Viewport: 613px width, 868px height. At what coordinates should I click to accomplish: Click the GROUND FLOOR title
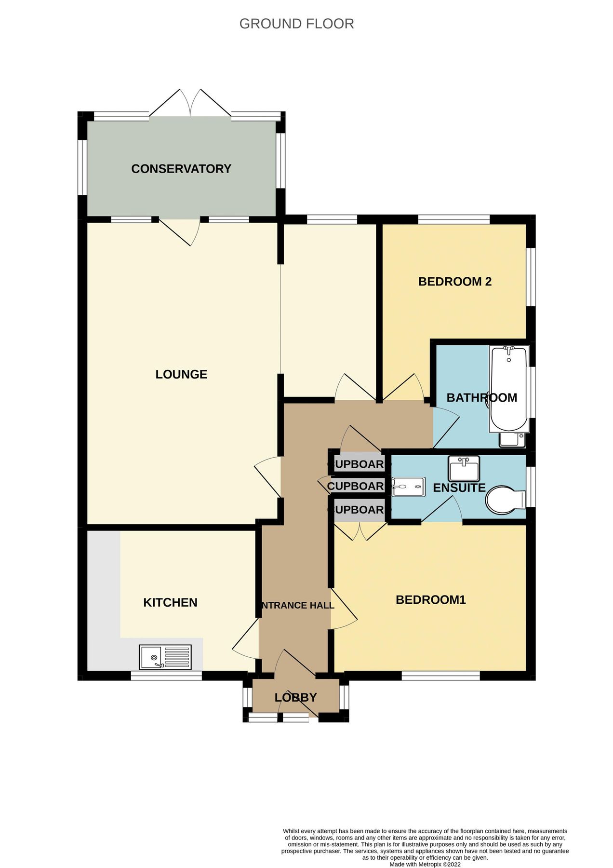(x=296, y=24)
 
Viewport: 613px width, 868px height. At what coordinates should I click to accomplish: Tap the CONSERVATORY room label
(x=181, y=169)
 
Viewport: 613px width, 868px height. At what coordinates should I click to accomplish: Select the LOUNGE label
(x=181, y=374)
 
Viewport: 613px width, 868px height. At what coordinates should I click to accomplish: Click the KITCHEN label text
(x=170, y=602)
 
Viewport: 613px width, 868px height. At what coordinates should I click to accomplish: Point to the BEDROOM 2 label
(x=454, y=282)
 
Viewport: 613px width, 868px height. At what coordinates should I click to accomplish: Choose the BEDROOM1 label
(x=430, y=600)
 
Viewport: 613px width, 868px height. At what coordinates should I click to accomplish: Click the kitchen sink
(x=165, y=657)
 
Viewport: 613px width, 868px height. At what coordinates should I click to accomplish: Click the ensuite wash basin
(x=464, y=468)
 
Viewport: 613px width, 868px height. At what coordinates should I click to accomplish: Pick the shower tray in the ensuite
(x=408, y=487)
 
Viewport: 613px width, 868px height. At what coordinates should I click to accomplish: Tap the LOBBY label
(x=295, y=697)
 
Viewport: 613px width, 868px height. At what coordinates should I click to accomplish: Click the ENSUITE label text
(x=459, y=488)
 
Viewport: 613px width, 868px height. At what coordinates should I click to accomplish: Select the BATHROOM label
(x=481, y=398)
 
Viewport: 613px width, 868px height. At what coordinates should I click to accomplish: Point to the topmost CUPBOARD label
(x=356, y=464)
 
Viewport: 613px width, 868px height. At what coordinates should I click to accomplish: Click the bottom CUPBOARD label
(x=356, y=510)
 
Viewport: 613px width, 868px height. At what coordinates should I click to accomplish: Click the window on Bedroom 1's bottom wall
(x=440, y=676)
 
